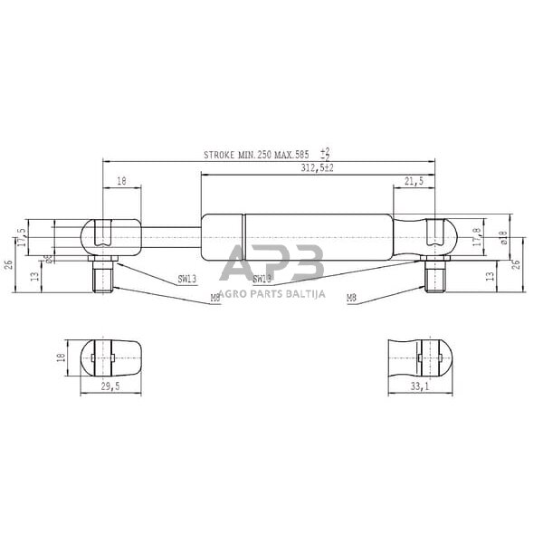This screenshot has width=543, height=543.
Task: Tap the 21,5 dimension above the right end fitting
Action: [x=414, y=182]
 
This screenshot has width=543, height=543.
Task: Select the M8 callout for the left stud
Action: [x=214, y=296]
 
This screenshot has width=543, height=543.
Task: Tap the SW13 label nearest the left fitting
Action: [x=187, y=280]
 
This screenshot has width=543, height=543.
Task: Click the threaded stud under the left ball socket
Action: [x=101, y=274]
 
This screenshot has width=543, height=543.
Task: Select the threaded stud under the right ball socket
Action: [x=436, y=274]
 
